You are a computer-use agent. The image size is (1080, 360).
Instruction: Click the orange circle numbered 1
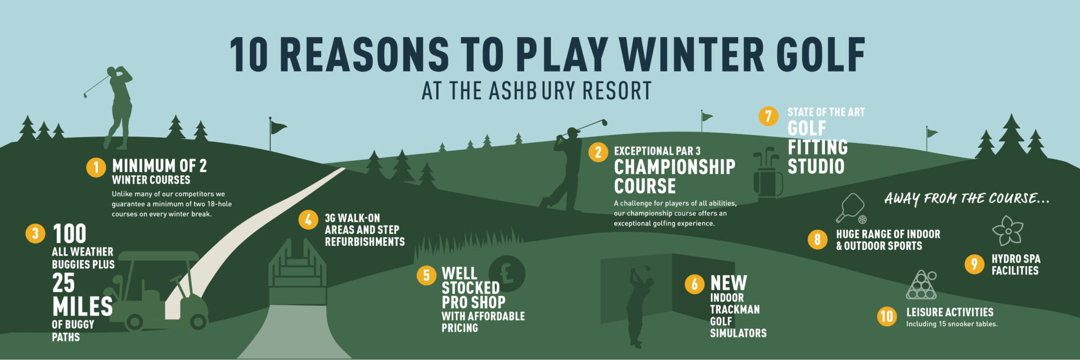[x=96, y=167]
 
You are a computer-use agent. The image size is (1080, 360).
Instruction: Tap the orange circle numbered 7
[x=768, y=116]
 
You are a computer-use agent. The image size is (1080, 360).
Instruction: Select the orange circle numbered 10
[x=887, y=316]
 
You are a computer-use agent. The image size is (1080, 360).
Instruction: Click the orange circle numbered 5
[x=426, y=275]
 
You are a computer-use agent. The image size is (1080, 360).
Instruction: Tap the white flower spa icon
[x=1008, y=231]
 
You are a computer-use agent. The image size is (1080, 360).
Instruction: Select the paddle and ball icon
[x=851, y=209]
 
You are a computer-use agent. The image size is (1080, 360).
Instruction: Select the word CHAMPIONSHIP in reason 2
[x=674, y=167]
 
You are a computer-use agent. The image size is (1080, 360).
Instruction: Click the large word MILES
[x=82, y=307]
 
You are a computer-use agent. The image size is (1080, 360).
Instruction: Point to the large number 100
[x=69, y=233]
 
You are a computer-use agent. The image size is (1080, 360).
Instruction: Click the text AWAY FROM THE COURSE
[x=966, y=199]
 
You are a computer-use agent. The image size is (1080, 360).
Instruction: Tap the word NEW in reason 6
[x=728, y=282]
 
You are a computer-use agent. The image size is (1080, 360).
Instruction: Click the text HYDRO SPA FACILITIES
[x=1016, y=264]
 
